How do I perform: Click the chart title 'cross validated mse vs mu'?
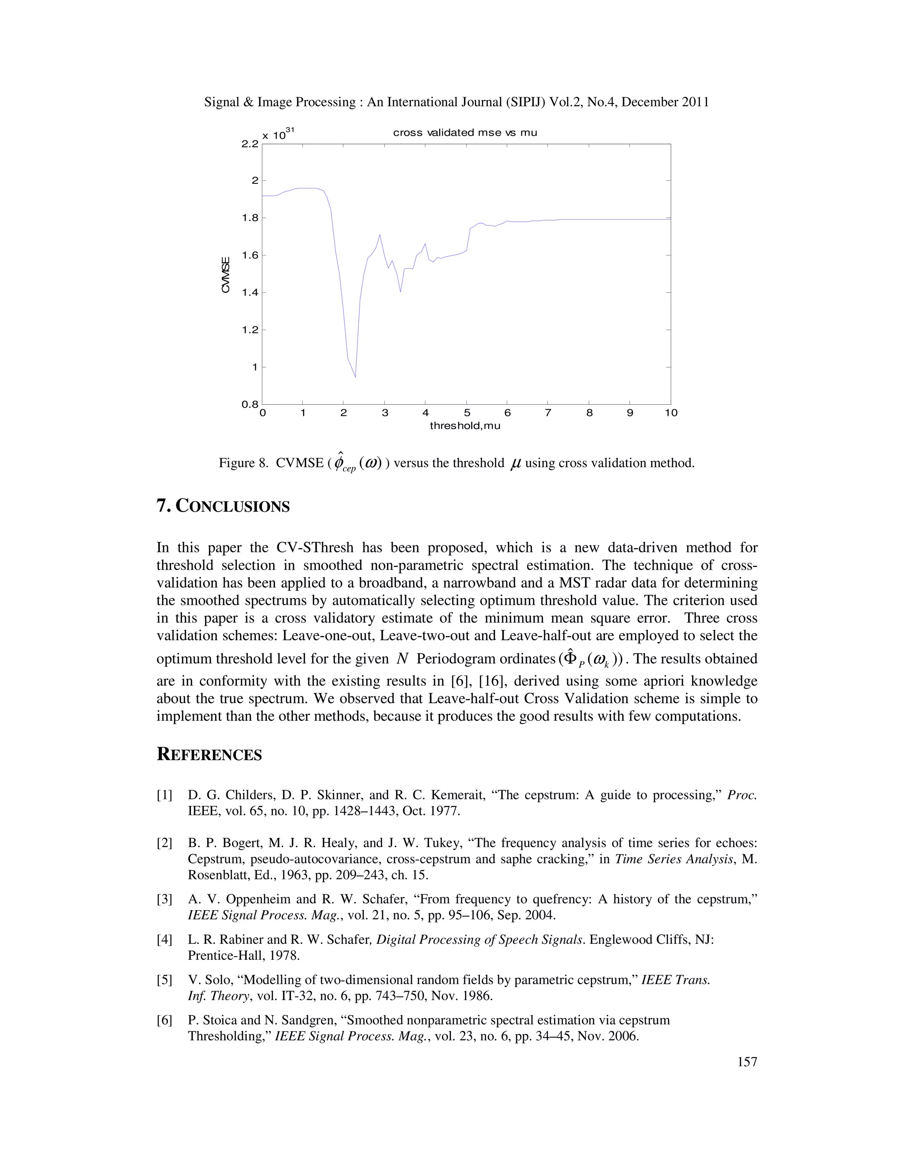(464, 133)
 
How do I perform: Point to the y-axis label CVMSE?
(226, 275)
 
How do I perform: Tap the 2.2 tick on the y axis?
(250, 144)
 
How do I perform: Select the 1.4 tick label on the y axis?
(250, 293)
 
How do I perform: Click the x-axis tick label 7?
(548, 413)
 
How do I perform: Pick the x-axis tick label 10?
(671, 413)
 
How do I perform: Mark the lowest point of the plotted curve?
(355, 377)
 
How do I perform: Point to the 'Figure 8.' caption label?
(243, 463)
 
